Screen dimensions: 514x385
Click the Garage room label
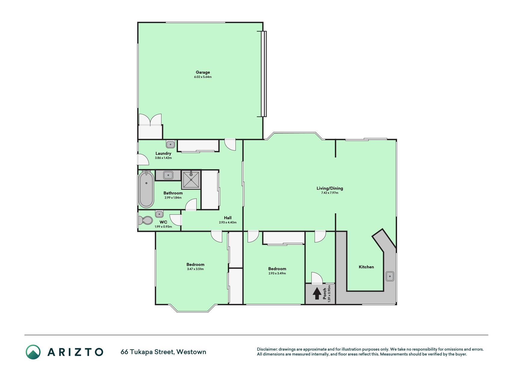tap(203, 72)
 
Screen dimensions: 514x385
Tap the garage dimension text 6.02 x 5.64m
tap(203, 77)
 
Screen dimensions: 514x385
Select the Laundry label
tap(163, 153)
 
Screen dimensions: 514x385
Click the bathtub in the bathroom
tap(146, 189)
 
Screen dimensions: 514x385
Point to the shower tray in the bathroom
tap(191, 180)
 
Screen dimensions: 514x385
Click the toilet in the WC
tap(145, 220)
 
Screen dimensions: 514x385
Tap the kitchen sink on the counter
tap(390, 276)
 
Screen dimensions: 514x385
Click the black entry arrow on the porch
tap(316, 294)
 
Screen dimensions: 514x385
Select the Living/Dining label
tap(330, 188)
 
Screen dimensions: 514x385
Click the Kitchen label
tap(366, 267)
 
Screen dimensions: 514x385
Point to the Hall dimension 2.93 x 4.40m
tap(228, 223)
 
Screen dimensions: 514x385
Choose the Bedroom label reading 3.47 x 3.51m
tap(195, 265)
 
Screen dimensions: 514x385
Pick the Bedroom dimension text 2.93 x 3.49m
tap(277, 273)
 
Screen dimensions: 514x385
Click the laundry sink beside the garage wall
tap(170, 144)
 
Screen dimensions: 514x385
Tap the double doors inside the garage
tap(150, 120)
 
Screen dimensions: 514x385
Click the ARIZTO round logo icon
tap(33, 352)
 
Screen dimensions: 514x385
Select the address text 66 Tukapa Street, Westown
tap(163, 352)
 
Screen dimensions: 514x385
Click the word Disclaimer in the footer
tap(267, 349)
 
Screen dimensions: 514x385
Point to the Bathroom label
tap(173, 193)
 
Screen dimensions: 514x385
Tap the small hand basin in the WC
tap(159, 214)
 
